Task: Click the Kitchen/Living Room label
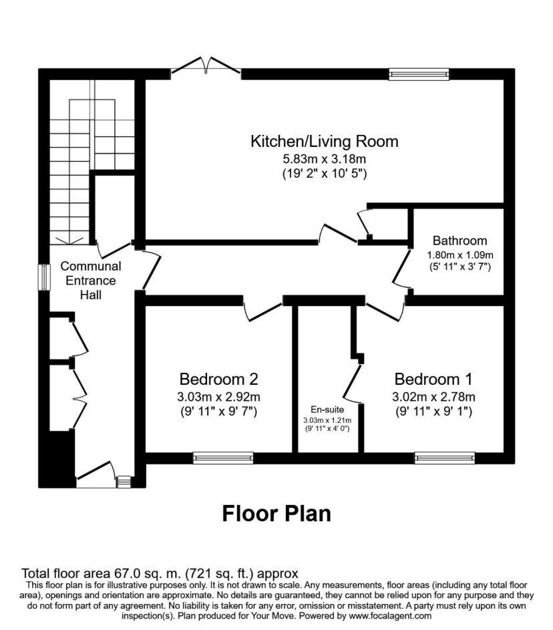pyautogui.click(x=324, y=142)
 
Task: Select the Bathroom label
pyautogui.click(x=459, y=241)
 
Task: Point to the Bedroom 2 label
pyautogui.click(x=218, y=379)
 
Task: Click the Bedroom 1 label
pyautogui.click(x=433, y=379)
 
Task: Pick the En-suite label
pyautogui.click(x=327, y=409)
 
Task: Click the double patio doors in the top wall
pyautogui.click(x=206, y=65)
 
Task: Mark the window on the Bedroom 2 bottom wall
pyautogui.click(x=223, y=458)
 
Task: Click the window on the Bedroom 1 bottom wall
pyautogui.click(x=444, y=458)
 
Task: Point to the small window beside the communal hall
pyautogui.click(x=44, y=277)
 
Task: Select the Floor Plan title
pyautogui.click(x=276, y=513)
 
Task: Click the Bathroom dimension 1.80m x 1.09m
pyautogui.click(x=459, y=255)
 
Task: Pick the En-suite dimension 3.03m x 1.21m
pyautogui.click(x=327, y=421)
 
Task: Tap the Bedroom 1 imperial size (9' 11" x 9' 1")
pyautogui.click(x=433, y=412)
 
